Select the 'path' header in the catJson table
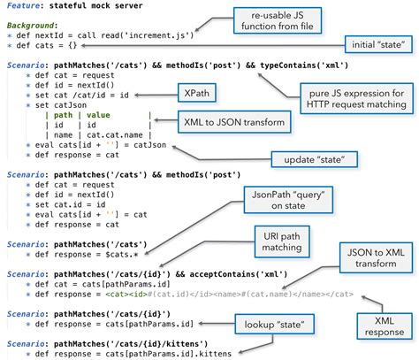(x=64, y=115)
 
